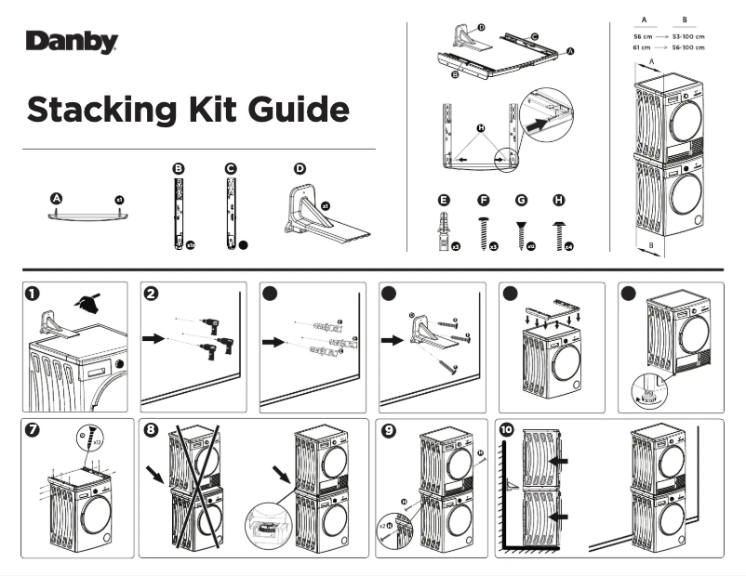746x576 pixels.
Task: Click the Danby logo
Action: (x=72, y=43)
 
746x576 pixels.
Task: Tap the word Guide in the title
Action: (x=299, y=110)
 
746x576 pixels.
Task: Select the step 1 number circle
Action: (x=33, y=294)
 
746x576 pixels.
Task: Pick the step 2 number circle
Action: (x=152, y=294)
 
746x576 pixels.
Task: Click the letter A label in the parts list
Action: (x=57, y=199)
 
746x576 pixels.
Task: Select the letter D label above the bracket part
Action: (x=300, y=168)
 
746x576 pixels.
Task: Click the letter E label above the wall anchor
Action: (x=444, y=200)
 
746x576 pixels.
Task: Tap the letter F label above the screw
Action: (x=483, y=200)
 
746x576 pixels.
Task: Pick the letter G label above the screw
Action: (x=520, y=200)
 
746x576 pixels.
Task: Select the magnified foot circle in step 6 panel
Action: (x=643, y=390)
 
